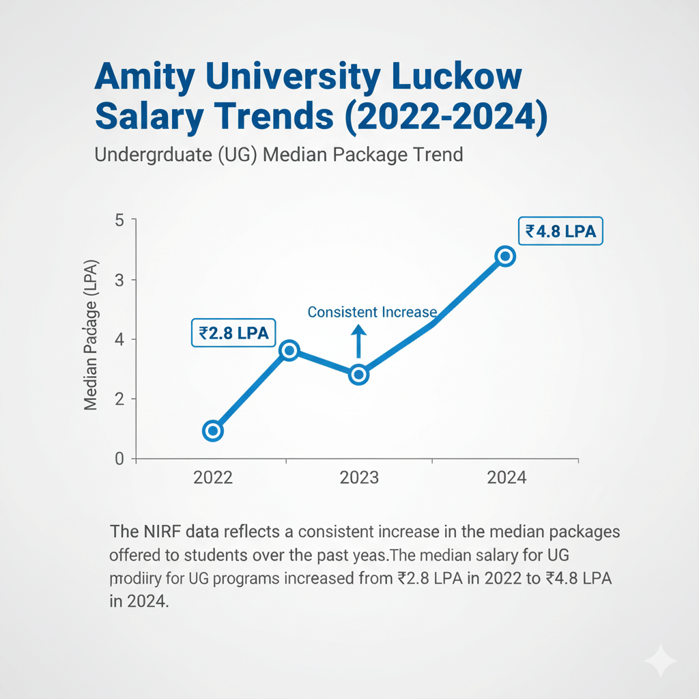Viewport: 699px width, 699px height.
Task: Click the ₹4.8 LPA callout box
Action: click(560, 231)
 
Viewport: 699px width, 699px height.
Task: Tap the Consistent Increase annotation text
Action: click(372, 312)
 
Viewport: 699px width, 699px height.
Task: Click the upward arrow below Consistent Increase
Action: click(358, 341)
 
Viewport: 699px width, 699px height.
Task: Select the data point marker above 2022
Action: click(213, 431)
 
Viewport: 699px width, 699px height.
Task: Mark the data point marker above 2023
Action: click(359, 375)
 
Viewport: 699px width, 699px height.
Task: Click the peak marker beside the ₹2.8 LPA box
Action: click(289, 351)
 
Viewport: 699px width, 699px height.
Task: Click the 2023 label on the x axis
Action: click(359, 477)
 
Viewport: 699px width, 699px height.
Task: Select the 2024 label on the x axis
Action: click(507, 477)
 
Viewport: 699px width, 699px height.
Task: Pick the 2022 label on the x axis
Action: click(213, 477)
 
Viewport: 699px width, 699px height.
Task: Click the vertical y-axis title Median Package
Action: click(91, 334)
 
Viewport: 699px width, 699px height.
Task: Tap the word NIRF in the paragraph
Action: click(160, 531)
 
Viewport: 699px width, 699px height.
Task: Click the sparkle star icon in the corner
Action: click(660, 660)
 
